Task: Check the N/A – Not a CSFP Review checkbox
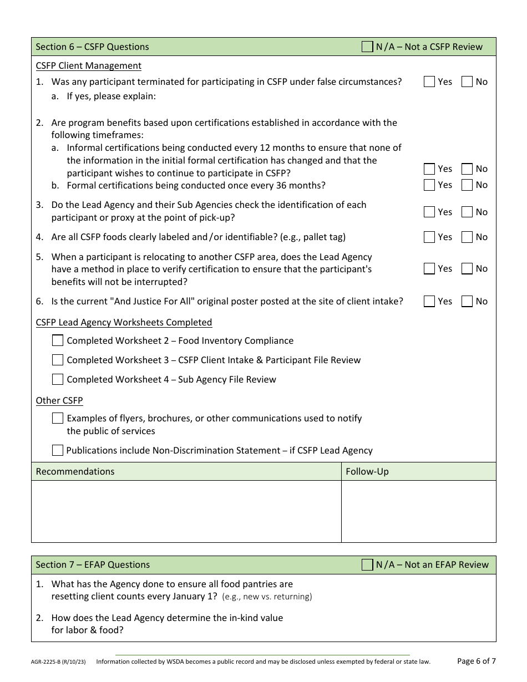pos(367,47)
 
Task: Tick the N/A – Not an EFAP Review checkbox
pos(367,564)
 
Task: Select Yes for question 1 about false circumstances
pos(429,82)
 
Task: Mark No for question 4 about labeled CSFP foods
pos(467,237)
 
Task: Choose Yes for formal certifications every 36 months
pos(429,185)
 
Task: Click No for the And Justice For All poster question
pos(467,301)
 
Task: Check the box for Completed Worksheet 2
pos(58,340)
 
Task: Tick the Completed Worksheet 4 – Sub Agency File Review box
pos(58,379)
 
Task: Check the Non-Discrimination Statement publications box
pos(58,450)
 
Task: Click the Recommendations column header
pos(75,471)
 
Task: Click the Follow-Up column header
pos(367,471)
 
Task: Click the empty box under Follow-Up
pos(418,511)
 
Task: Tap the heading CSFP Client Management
pos(88,65)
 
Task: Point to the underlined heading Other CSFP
pos(59,400)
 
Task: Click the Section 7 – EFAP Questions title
pos(93,564)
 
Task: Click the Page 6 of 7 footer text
pos(476,660)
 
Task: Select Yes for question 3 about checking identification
pos(429,212)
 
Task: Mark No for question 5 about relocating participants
pos(467,268)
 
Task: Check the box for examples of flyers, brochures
pos(58,418)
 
